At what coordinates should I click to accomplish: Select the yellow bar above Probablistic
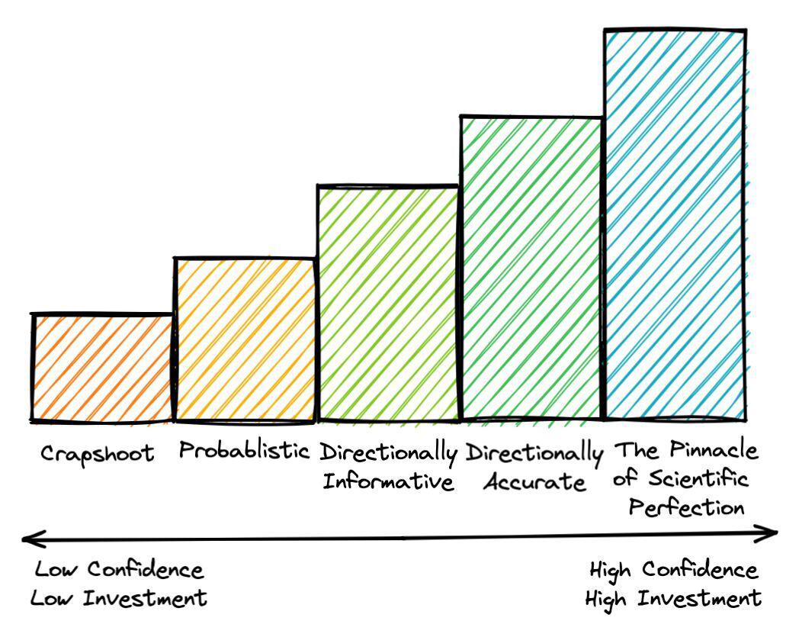(x=245, y=339)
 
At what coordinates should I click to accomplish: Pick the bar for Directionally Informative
(x=388, y=304)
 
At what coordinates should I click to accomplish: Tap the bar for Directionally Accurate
(x=531, y=269)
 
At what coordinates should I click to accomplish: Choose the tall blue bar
(x=675, y=225)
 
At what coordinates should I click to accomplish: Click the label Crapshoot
(x=97, y=454)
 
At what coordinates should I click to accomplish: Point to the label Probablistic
(x=245, y=451)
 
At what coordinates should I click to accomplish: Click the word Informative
(x=389, y=482)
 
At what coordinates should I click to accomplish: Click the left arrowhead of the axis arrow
(x=29, y=539)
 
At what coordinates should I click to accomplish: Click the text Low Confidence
(x=120, y=570)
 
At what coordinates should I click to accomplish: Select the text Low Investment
(x=118, y=598)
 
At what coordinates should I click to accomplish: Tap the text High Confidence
(x=673, y=570)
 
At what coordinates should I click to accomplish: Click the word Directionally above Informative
(x=388, y=452)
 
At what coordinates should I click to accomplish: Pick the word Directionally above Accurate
(x=534, y=452)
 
